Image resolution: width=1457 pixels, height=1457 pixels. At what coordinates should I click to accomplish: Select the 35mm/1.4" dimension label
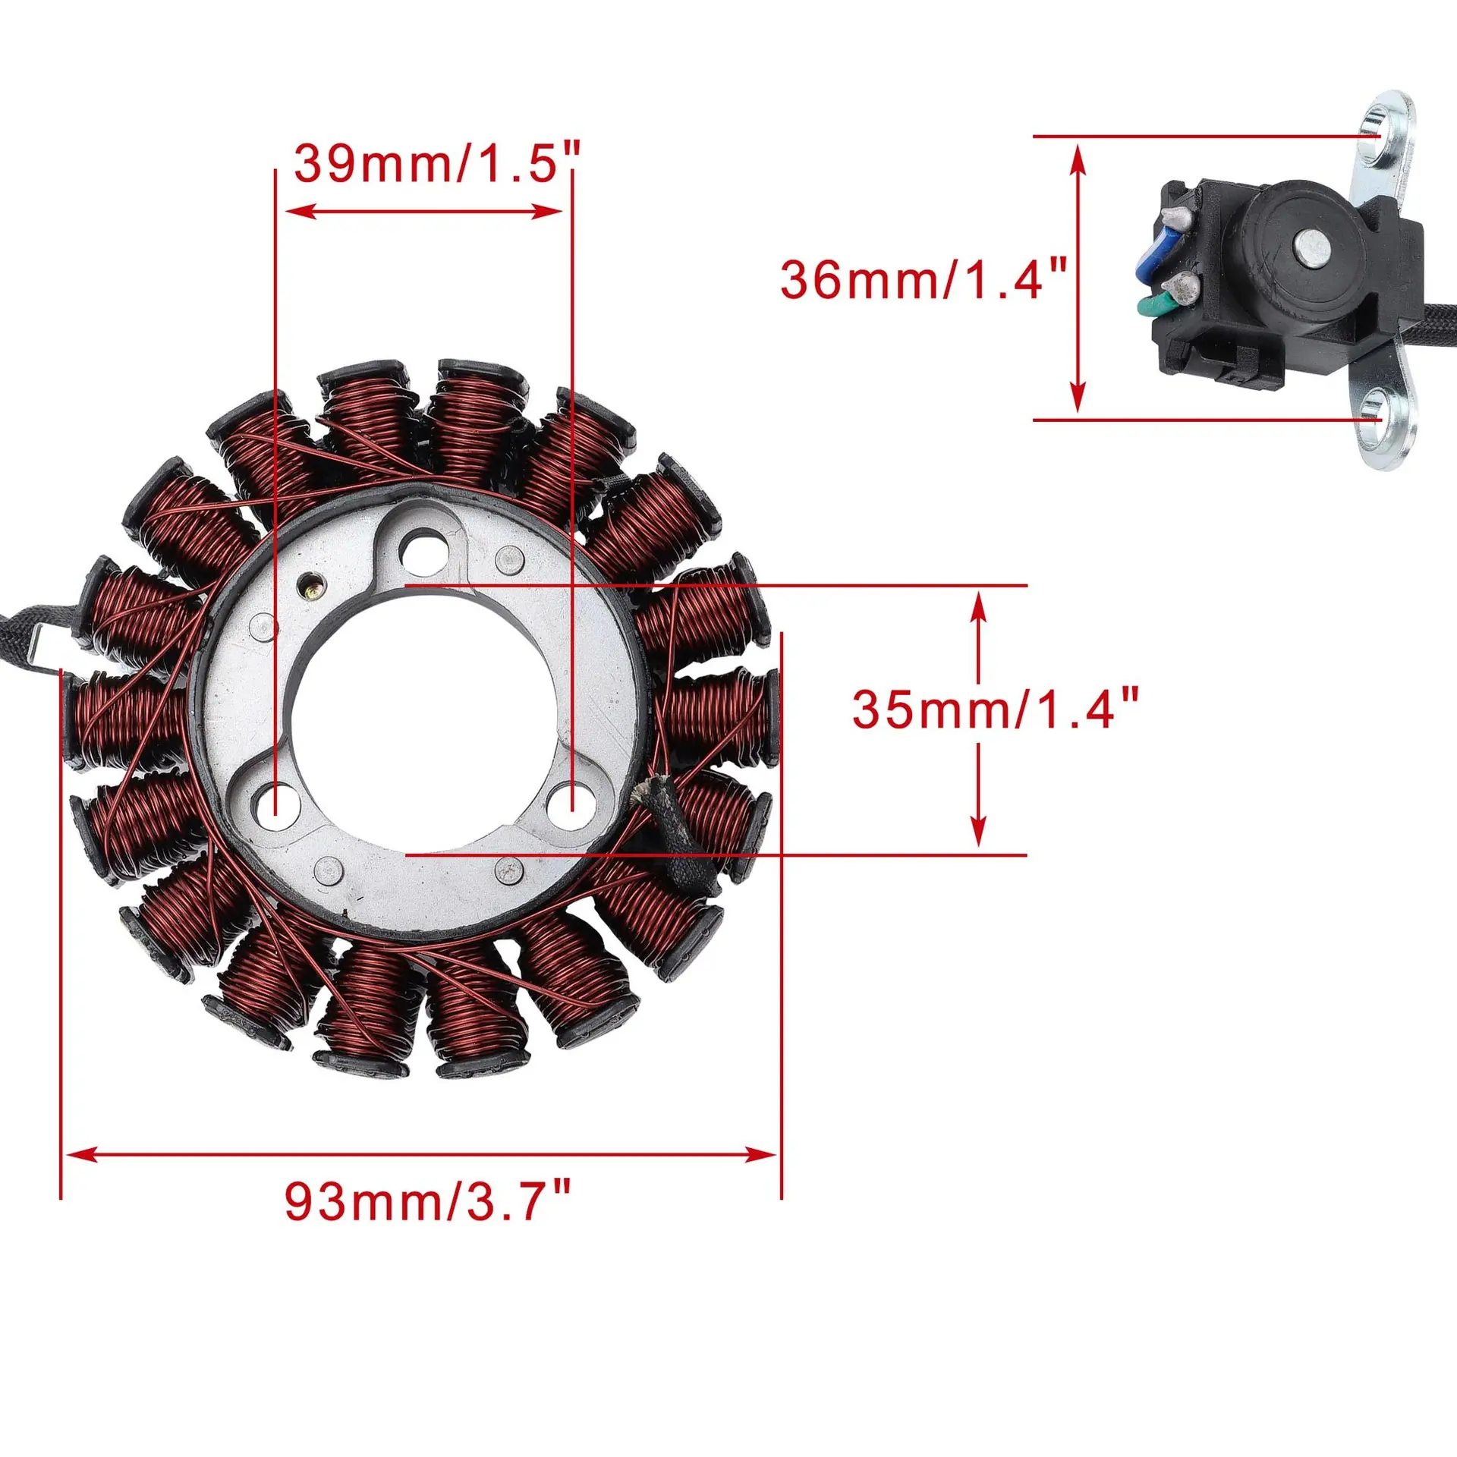click(996, 710)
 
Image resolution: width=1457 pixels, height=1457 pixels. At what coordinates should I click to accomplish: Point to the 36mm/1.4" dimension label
click(924, 278)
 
